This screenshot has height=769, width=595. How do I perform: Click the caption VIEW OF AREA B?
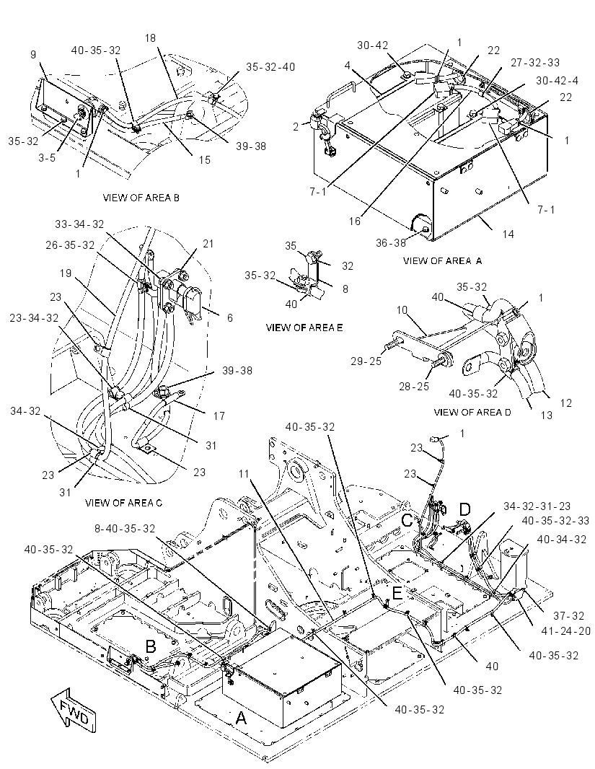pyautogui.click(x=141, y=198)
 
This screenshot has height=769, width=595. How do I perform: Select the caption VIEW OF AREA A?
pyautogui.click(x=442, y=261)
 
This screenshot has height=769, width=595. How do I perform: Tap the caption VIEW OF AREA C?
pyautogui.click(x=123, y=503)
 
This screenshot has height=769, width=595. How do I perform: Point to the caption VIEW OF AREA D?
pyautogui.click(x=472, y=412)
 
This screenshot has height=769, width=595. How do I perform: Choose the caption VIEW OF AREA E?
pyautogui.click(x=304, y=328)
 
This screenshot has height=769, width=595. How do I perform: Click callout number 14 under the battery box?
pyautogui.click(x=508, y=234)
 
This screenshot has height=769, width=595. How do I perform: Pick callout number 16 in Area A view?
pyautogui.click(x=355, y=221)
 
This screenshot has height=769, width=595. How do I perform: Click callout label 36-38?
pyautogui.click(x=391, y=243)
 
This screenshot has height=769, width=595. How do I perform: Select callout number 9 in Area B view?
pyautogui.click(x=33, y=54)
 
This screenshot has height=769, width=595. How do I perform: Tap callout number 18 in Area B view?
pyautogui.click(x=151, y=38)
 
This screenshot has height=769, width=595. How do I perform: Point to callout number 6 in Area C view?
pyautogui.click(x=229, y=318)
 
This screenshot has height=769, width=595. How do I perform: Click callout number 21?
pyautogui.click(x=208, y=244)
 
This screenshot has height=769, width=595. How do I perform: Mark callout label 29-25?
pyautogui.click(x=366, y=361)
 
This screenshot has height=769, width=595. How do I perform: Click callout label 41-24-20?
pyautogui.click(x=566, y=631)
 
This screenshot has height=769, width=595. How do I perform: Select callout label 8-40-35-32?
pyautogui.click(x=125, y=529)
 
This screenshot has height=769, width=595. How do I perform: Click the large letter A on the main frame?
pyautogui.click(x=241, y=718)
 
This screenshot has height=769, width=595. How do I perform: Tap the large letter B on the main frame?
pyautogui.click(x=151, y=646)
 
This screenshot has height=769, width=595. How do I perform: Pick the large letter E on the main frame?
pyautogui.click(x=397, y=594)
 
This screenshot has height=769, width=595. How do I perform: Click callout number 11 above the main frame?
pyautogui.click(x=244, y=474)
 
